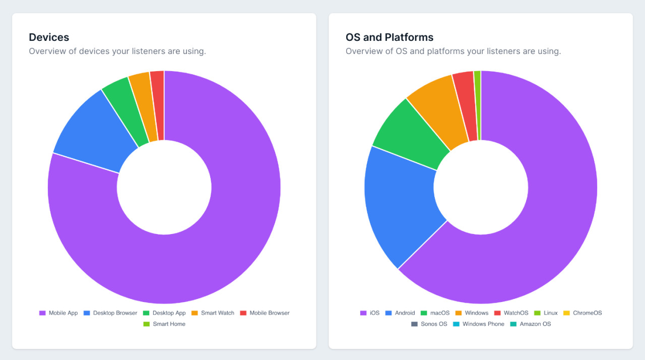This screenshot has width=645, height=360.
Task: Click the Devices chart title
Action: point(49,37)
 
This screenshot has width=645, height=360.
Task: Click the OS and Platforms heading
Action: point(389,37)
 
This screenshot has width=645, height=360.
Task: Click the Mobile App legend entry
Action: point(58,313)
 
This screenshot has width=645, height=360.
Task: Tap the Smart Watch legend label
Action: point(218,313)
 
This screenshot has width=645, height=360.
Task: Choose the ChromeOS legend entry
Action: point(583,313)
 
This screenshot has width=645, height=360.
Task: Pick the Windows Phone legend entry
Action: point(478,324)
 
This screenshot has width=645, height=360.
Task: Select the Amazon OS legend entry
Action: point(531,324)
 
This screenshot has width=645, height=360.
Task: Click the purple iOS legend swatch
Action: point(363,313)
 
